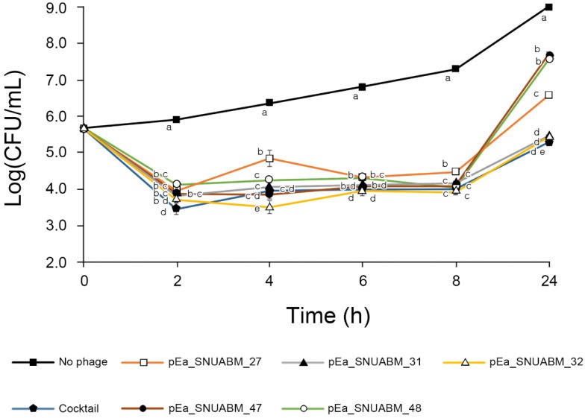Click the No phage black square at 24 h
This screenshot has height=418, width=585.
(x=548, y=7)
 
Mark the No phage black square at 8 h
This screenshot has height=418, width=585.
(x=455, y=69)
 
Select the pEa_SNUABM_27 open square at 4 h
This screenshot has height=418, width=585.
(x=269, y=159)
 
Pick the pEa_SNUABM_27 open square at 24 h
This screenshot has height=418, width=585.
(x=548, y=95)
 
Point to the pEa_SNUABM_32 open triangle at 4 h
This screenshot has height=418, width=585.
(x=269, y=206)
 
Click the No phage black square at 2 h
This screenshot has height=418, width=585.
(x=177, y=119)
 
